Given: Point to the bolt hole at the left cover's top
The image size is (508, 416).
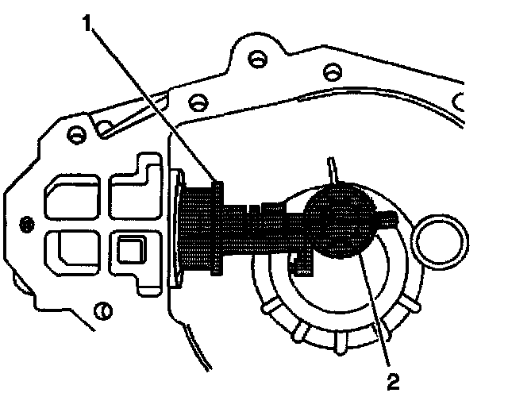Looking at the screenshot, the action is [x=76, y=135].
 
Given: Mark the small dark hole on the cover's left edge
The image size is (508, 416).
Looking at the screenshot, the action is [x=27, y=221].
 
